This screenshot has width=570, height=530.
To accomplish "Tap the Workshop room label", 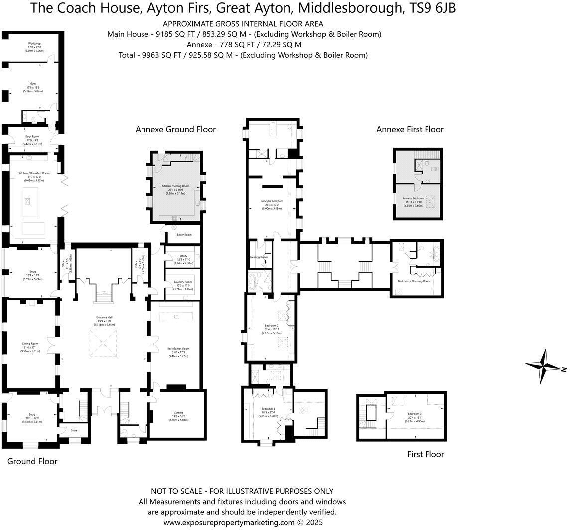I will [34, 44].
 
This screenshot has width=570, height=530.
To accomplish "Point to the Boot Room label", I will [32, 136].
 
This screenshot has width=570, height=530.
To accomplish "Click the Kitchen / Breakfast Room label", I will [34, 173].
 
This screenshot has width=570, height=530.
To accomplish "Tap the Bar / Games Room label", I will [179, 349].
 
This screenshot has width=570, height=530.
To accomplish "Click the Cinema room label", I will [178, 413].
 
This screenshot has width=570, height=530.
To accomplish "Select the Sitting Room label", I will [30, 344].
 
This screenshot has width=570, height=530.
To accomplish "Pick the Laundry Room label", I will [182, 282].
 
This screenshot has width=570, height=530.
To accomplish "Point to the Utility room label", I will [183, 256].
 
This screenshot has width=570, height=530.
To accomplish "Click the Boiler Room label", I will [184, 234].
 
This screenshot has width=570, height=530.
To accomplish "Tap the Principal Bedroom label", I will [272, 201].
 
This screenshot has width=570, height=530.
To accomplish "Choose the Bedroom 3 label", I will [414, 414].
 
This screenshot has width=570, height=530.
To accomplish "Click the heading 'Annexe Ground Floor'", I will [175, 129].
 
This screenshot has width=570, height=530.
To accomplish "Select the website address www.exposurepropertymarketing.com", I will [229, 522].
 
